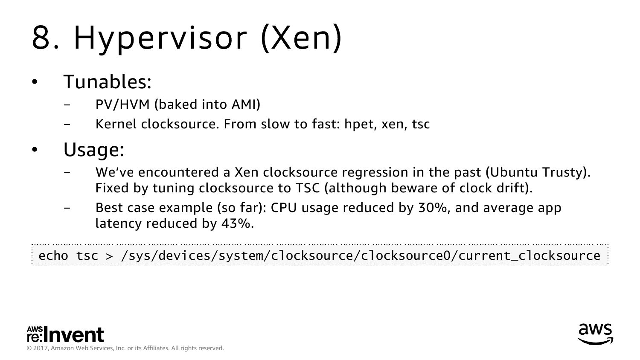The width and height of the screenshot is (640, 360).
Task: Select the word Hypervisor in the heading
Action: pyautogui.click(x=160, y=40)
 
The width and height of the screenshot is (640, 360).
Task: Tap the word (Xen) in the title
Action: pyautogui.click(x=301, y=38)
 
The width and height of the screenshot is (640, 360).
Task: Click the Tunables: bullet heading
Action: pyautogui.click(x=107, y=82)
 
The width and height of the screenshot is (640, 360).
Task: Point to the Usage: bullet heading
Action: pyautogui.click(x=94, y=150)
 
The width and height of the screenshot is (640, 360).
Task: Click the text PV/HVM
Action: pyautogui.click(x=122, y=105)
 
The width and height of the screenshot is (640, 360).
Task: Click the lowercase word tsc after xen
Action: pyautogui.click(x=421, y=125)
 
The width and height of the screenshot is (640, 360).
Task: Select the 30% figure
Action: pyautogui.click(x=433, y=208)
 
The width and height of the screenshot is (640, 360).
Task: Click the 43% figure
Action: pyautogui.click(x=236, y=224)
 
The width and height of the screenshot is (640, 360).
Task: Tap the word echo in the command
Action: pyautogui.click(x=53, y=256)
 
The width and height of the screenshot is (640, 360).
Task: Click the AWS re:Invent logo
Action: pyautogui.click(x=65, y=334)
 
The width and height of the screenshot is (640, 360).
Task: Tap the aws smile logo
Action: pyautogui.click(x=596, y=334)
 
